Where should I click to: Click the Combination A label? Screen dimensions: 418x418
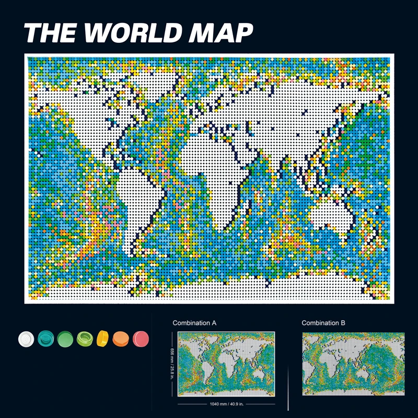point(194,323)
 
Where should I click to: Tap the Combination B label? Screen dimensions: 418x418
point(323,323)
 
